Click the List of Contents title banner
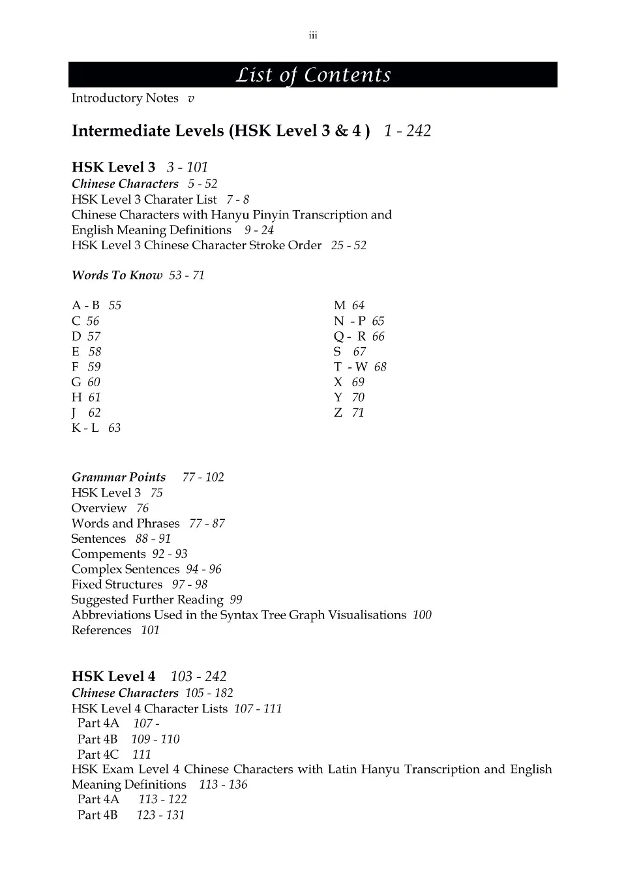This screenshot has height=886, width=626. [313, 75]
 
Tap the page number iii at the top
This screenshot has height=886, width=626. [313, 36]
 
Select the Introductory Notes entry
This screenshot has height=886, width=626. [125, 98]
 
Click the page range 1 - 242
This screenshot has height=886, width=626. [407, 131]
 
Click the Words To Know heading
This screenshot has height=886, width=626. [117, 275]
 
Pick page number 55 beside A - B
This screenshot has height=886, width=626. [115, 305]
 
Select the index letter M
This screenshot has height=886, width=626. [339, 305]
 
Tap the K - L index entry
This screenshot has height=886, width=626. [85, 428]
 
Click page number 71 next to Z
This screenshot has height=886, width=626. [358, 413]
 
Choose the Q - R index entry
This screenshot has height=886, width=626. [350, 337]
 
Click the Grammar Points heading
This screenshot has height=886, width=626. [119, 478]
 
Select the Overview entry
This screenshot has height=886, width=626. [99, 508]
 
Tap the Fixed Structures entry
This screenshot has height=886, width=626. [117, 585]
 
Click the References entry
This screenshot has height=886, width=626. [102, 630]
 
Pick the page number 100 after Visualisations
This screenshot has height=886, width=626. [422, 615]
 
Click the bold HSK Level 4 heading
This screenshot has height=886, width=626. [113, 677]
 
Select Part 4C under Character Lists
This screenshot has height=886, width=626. [98, 755]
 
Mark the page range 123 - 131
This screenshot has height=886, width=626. [160, 815]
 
